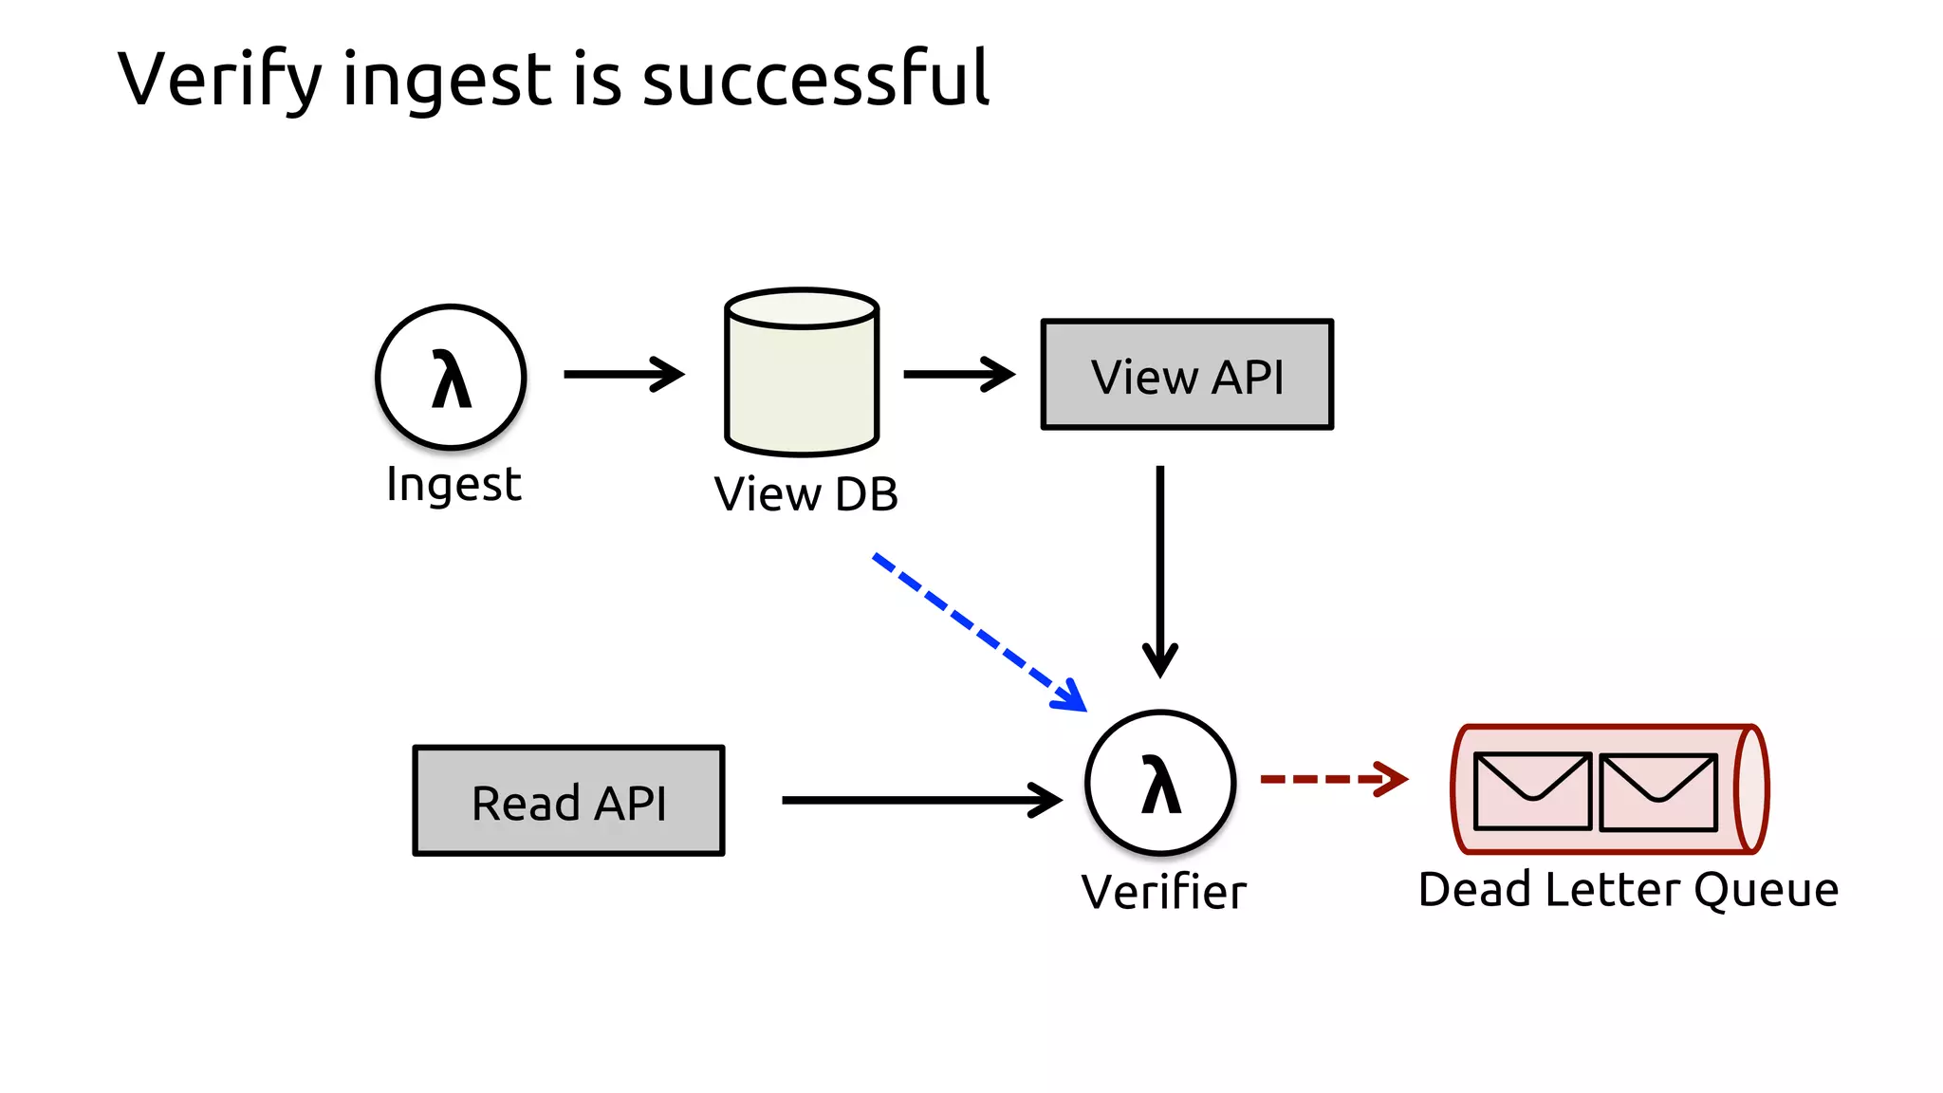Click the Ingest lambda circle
click(x=451, y=377)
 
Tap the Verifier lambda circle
click(x=1159, y=783)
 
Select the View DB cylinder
click(x=802, y=375)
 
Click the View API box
click(x=1187, y=375)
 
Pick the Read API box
click(x=568, y=801)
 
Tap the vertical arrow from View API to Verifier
click(x=1159, y=569)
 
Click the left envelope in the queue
click(x=1532, y=791)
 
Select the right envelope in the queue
click(x=1657, y=791)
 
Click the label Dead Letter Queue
click(x=1628, y=890)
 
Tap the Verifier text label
click(x=1163, y=892)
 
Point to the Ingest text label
click(x=453, y=485)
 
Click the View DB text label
click(x=805, y=494)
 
